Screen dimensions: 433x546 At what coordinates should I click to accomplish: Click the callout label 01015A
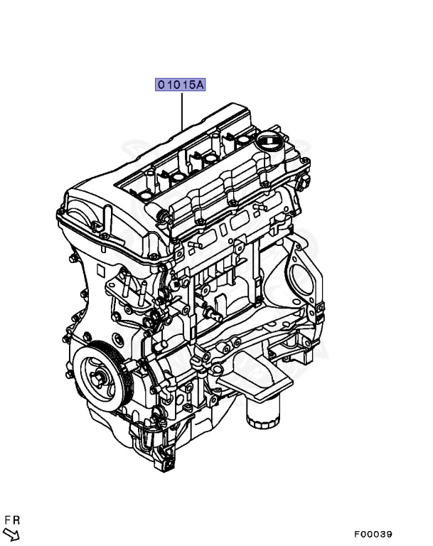point(180,85)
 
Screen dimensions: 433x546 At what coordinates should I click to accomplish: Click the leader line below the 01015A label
point(182,110)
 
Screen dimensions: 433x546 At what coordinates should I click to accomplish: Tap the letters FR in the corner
point(13,520)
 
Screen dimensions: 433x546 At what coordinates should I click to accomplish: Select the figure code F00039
point(373,534)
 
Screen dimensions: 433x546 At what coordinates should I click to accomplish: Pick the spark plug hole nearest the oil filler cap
point(243,139)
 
